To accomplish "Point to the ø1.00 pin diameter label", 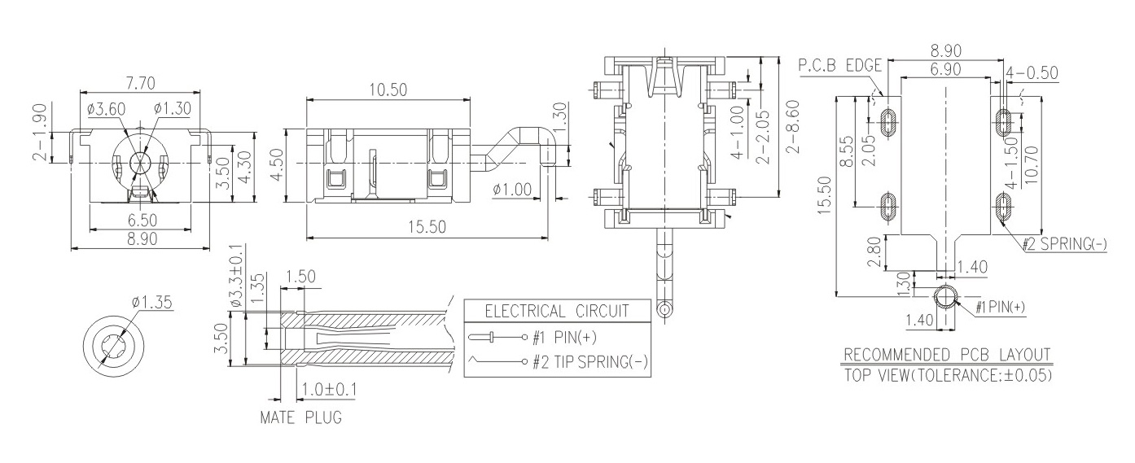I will pos(512,190).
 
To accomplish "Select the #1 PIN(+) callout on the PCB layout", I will pos(1001,307).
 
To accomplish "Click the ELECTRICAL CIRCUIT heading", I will pos(557,311).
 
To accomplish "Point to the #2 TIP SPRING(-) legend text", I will pos(590,362).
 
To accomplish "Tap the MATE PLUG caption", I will pos(300,419).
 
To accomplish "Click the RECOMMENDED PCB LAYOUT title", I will pos(947,355).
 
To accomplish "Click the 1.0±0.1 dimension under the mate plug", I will pos(329,390).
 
